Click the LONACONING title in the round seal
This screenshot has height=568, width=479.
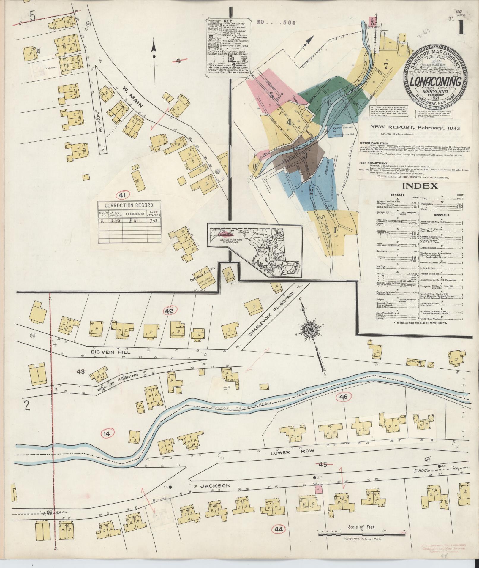436,81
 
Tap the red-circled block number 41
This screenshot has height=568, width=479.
122,195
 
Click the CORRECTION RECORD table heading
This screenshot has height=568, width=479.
129,205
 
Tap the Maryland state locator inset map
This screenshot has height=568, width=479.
254,251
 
